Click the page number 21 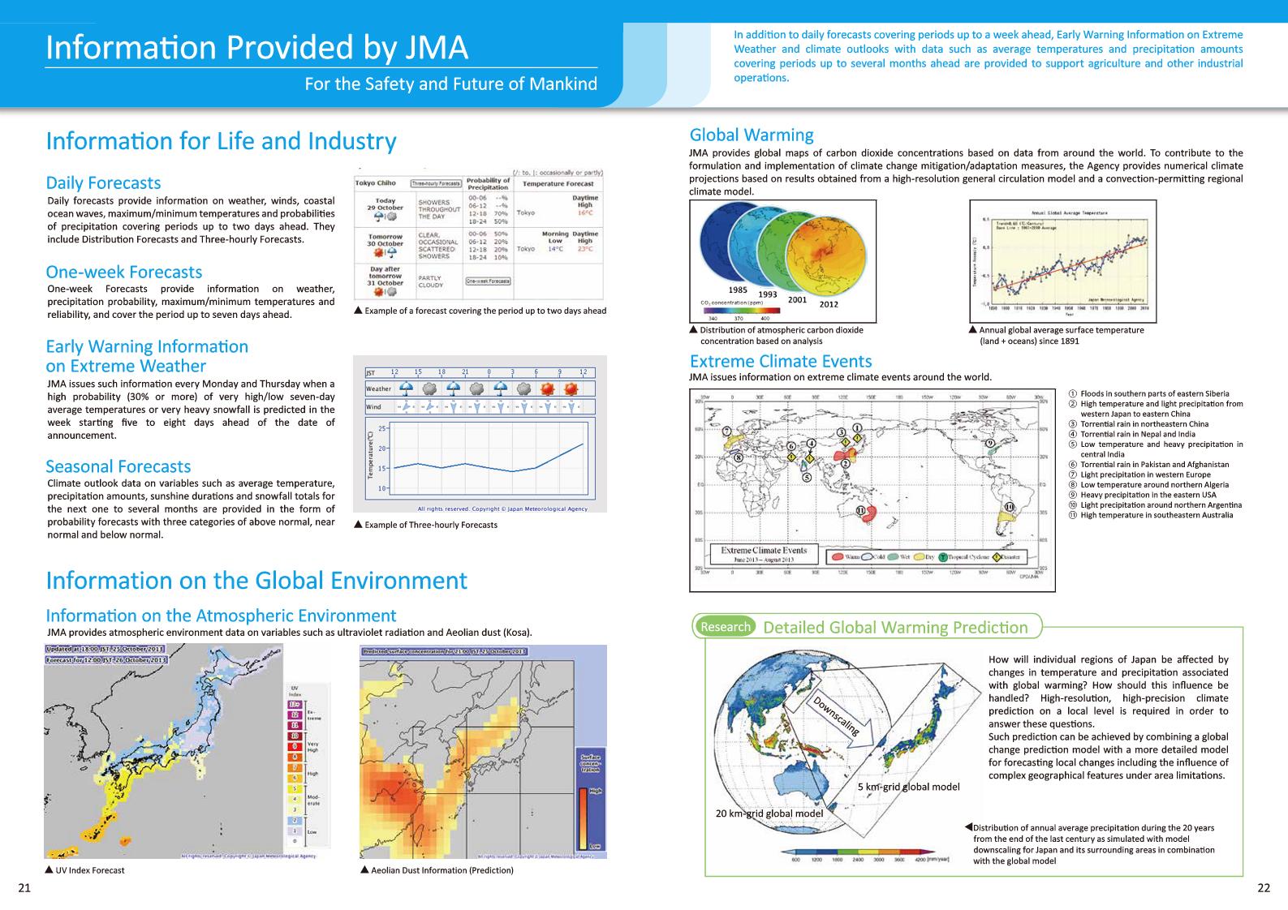pyautogui.click(x=24, y=887)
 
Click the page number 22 pyautogui.click(x=1263, y=887)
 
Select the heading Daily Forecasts pyautogui.click(x=103, y=182)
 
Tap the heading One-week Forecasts pyautogui.click(x=123, y=272)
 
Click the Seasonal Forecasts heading pyautogui.click(x=118, y=466)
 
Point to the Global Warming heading pyautogui.click(x=751, y=135)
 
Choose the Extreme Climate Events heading pyautogui.click(x=780, y=361)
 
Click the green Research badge pyautogui.click(x=725, y=626)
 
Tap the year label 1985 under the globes pyautogui.click(x=738, y=290)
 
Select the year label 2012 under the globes pyautogui.click(x=829, y=304)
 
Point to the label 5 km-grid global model pyautogui.click(x=908, y=787)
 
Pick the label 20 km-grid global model pyautogui.click(x=769, y=813)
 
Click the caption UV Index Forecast pyautogui.click(x=89, y=870)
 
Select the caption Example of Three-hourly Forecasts pyautogui.click(x=430, y=525)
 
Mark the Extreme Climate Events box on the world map pyautogui.click(x=764, y=554)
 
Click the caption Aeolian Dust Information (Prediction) pyautogui.click(x=441, y=870)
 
